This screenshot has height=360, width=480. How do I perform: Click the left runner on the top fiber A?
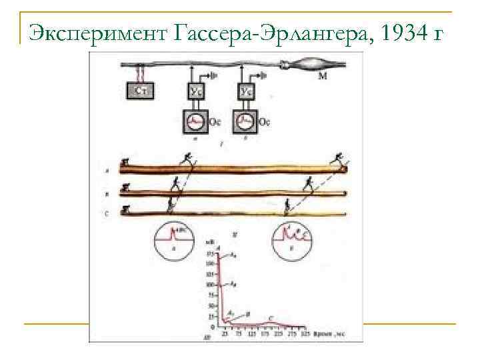[189, 159]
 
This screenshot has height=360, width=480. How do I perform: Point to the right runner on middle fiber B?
[308, 183]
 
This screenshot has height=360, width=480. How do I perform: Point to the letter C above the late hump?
[270, 318]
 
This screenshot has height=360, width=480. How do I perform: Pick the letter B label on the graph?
[248, 313]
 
